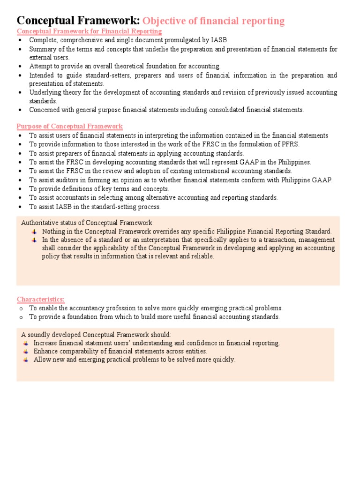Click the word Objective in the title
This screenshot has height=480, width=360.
pos(164,21)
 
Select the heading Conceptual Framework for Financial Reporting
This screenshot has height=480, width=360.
pos(89,31)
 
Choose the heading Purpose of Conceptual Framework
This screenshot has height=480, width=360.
pos(69,127)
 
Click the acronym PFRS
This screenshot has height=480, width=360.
pos(289,144)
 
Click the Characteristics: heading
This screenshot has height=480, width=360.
pos(41,300)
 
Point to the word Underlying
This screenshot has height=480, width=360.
pos(45,92)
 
